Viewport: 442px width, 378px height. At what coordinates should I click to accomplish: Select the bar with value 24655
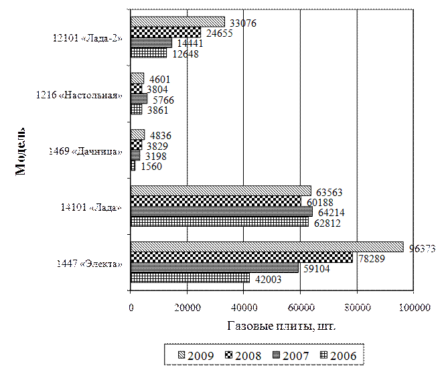pyautogui.click(x=165, y=32)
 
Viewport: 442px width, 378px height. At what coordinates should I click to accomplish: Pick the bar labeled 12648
pyautogui.click(x=149, y=53)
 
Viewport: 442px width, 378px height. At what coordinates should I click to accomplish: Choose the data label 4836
pyautogui.click(x=161, y=136)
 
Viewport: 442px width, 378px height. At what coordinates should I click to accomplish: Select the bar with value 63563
pyautogui.click(x=220, y=191)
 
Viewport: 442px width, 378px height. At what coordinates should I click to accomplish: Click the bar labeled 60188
pyautogui.click(x=216, y=201)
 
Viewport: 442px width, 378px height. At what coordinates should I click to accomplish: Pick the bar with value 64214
pyautogui.click(x=221, y=211)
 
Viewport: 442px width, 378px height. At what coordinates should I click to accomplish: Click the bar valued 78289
pyautogui.click(x=241, y=258)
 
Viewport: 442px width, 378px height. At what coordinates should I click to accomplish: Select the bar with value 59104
pyautogui.click(x=214, y=268)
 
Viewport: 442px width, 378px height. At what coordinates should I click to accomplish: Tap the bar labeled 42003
pyautogui.click(x=190, y=278)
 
